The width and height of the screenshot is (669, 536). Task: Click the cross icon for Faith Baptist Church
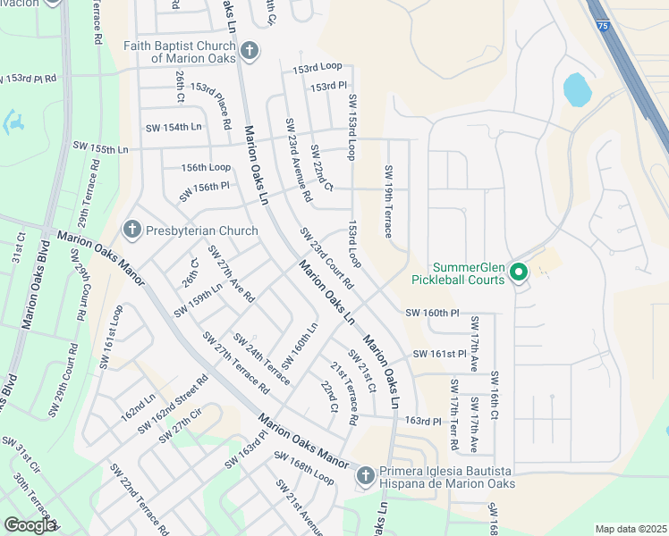tap(250, 50)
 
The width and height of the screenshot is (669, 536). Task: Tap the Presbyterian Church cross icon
tap(131, 230)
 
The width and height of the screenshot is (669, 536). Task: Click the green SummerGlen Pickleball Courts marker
tap(518, 271)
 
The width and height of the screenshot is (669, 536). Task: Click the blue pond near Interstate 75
tap(577, 89)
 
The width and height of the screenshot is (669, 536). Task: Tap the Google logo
tap(30, 525)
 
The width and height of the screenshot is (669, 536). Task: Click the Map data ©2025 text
tap(631, 529)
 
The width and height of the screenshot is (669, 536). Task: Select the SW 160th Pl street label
tap(432, 314)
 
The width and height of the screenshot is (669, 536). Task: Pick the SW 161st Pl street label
tap(440, 355)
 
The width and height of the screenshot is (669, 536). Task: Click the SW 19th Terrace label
tap(388, 201)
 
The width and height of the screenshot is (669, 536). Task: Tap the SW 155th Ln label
tap(101, 147)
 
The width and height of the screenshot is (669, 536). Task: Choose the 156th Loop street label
tap(206, 167)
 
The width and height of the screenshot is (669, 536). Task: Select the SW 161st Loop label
tap(109, 335)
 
